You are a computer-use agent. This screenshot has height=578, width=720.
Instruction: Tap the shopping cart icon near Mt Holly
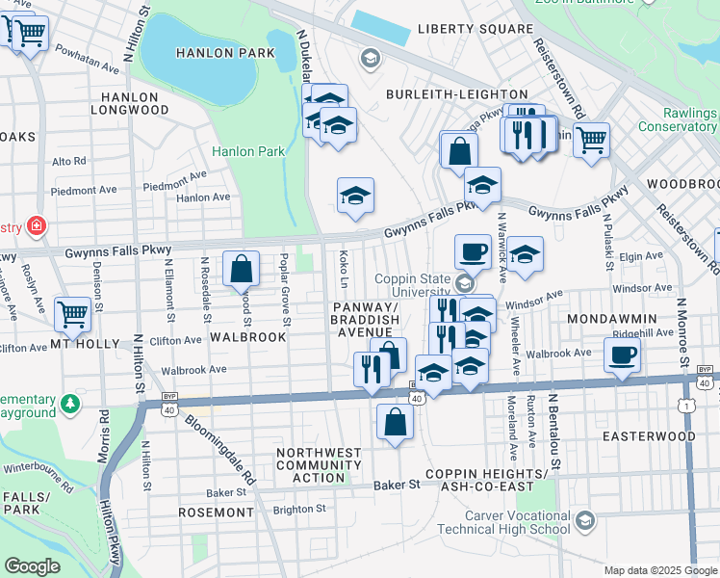click(x=73, y=313)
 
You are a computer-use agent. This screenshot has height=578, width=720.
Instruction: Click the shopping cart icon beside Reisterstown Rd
click(x=590, y=140)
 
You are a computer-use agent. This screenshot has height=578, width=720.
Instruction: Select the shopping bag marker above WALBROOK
click(x=241, y=269)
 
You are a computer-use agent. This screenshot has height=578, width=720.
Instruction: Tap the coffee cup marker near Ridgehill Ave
click(x=622, y=354)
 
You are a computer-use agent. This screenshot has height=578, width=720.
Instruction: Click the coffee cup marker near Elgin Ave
click(x=472, y=251)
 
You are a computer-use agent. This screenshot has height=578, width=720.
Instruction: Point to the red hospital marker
click(x=37, y=226)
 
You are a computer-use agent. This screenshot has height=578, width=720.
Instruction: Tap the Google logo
click(x=33, y=565)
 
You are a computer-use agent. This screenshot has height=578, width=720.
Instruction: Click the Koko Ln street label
click(x=344, y=267)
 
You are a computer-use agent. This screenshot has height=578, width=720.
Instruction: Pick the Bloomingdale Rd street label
click(x=221, y=450)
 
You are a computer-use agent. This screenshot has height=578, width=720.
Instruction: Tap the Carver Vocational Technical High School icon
click(x=584, y=521)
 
